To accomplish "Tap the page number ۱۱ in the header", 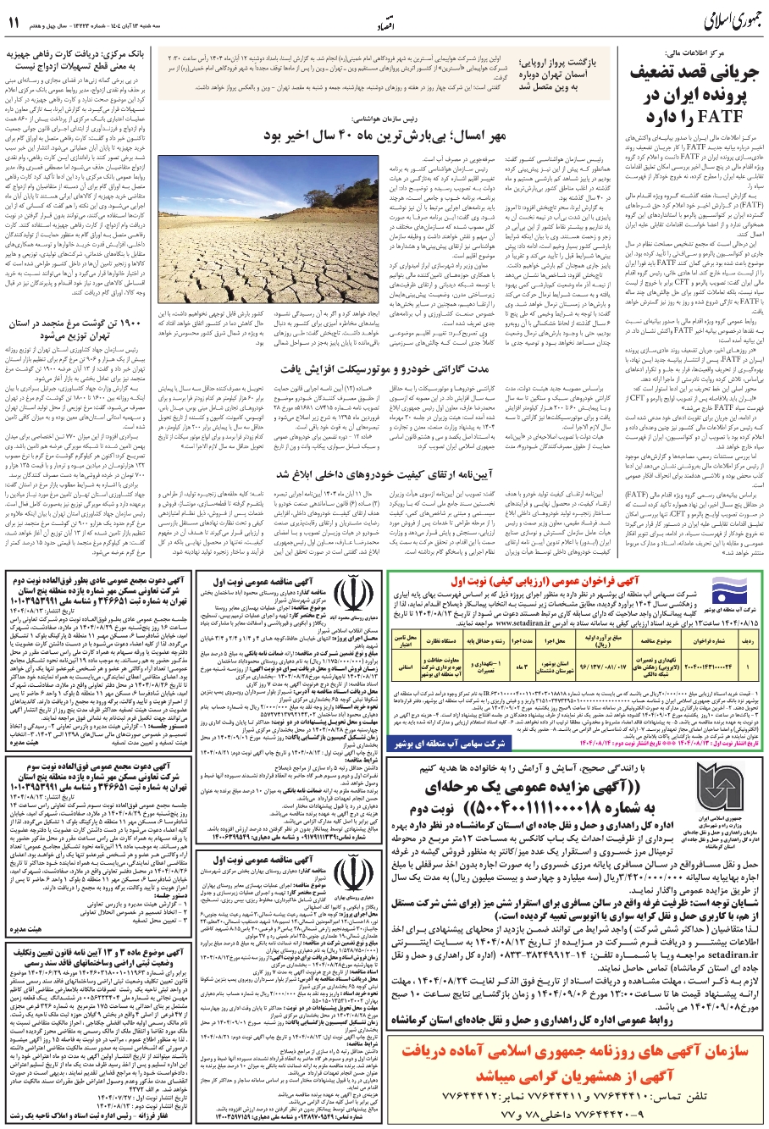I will pos(16,19).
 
